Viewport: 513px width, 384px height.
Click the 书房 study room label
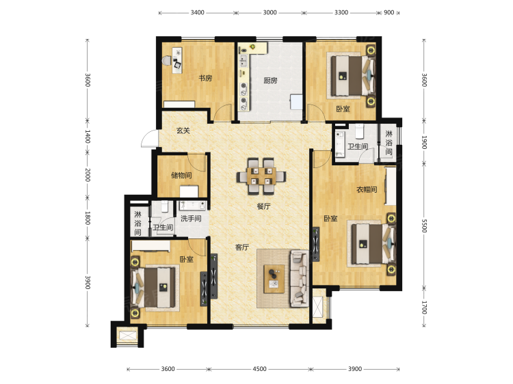click(205, 78)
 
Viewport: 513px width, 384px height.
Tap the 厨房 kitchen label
click(270, 81)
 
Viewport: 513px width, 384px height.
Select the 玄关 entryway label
click(183, 131)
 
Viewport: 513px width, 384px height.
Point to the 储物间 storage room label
click(181, 175)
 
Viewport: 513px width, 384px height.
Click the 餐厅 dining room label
click(264, 206)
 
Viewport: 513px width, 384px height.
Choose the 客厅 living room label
click(242, 247)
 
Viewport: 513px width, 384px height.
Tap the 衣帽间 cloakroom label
click(367, 189)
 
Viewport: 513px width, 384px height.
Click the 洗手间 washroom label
click(191, 218)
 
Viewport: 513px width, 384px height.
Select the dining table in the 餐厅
click(261, 176)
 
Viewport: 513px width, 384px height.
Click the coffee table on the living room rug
click(274, 279)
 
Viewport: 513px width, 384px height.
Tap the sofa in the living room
click(299, 279)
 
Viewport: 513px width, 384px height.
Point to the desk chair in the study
click(167, 61)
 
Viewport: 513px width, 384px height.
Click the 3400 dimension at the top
click(197, 12)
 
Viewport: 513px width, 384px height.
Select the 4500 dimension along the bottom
click(259, 369)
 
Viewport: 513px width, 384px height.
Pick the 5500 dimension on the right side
click(424, 226)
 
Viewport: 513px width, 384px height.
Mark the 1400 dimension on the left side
click(88, 136)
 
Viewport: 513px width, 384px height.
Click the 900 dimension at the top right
click(389, 12)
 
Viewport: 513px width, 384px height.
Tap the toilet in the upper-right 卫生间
click(360, 131)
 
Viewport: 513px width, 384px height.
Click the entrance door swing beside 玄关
click(149, 139)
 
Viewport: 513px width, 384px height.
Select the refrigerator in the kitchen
click(296, 102)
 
